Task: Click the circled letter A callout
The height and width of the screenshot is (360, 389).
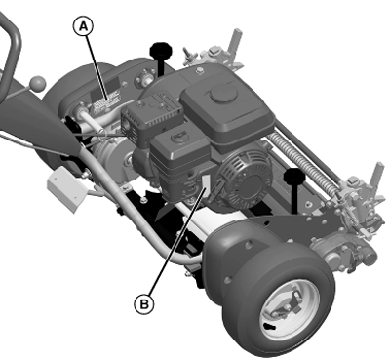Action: pos(84,27)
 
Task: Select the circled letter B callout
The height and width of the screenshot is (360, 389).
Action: pos(144,303)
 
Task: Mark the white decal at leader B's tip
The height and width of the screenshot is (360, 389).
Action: pos(206,181)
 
